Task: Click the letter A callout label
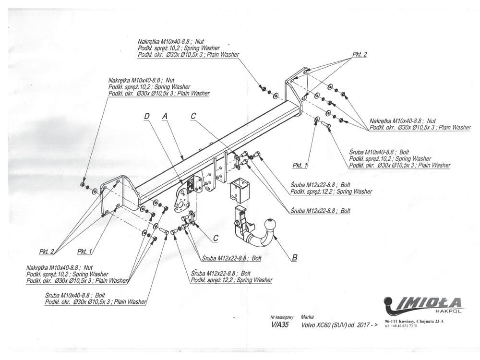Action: (x=165, y=116)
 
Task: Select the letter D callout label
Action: (x=146, y=116)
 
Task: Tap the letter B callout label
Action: (x=294, y=258)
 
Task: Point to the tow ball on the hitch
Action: (x=271, y=225)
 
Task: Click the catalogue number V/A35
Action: (x=281, y=324)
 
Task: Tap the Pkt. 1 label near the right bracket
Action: (x=300, y=165)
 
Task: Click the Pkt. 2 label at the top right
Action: (x=360, y=55)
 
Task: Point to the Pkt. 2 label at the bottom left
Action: (x=47, y=251)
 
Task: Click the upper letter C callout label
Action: (x=193, y=116)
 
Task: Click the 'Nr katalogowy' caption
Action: (x=282, y=317)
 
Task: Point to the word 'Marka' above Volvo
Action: (x=307, y=317)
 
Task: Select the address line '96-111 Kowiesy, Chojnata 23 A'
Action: (x=414, y=321)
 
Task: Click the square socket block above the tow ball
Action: (x=240, y=191)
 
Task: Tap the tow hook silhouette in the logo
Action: (x=390, y=303)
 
